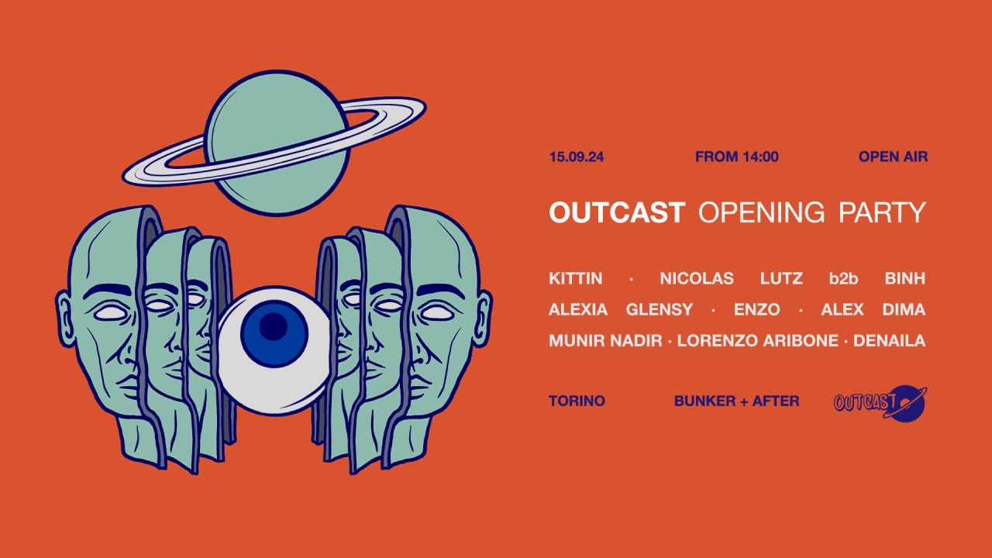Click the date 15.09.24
576,157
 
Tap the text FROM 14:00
736,157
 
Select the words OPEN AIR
893,157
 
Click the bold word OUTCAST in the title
617,212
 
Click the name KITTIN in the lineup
575,278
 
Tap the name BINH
905,278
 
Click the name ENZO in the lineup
756,310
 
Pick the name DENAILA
889,341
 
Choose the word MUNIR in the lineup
574,341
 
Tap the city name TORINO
577,401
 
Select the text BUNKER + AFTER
736,401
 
